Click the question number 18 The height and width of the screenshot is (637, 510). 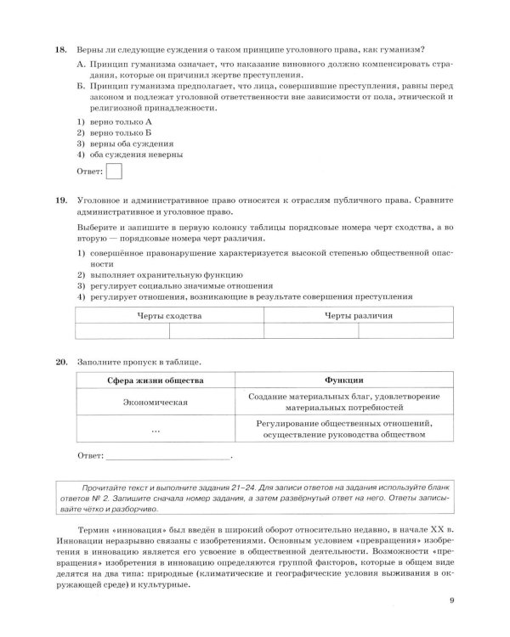[x=60, y=49]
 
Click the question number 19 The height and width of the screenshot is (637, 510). [x=60, y=200]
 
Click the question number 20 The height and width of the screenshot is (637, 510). [x=60, y=363]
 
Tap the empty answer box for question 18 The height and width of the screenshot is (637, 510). [x=112, y=172]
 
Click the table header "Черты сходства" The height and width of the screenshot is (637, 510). [x=170, y=314]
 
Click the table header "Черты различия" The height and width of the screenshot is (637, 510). [x=358, y=314]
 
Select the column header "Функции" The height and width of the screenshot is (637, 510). [x=343, y=381]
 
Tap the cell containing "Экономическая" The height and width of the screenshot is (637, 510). [x=155, y=403]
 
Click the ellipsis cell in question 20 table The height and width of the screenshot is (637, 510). [x=155, y=431]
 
